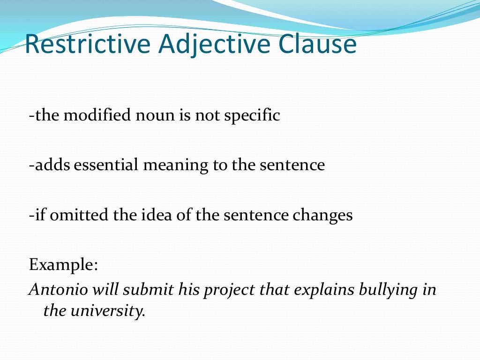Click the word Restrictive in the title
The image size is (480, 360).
[x=87, y=45]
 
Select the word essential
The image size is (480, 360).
[x=102, y=165]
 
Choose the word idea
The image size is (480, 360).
[x=144, y=215]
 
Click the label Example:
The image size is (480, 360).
[x=63, y=265]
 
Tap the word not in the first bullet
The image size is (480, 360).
[x=195, y=115]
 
